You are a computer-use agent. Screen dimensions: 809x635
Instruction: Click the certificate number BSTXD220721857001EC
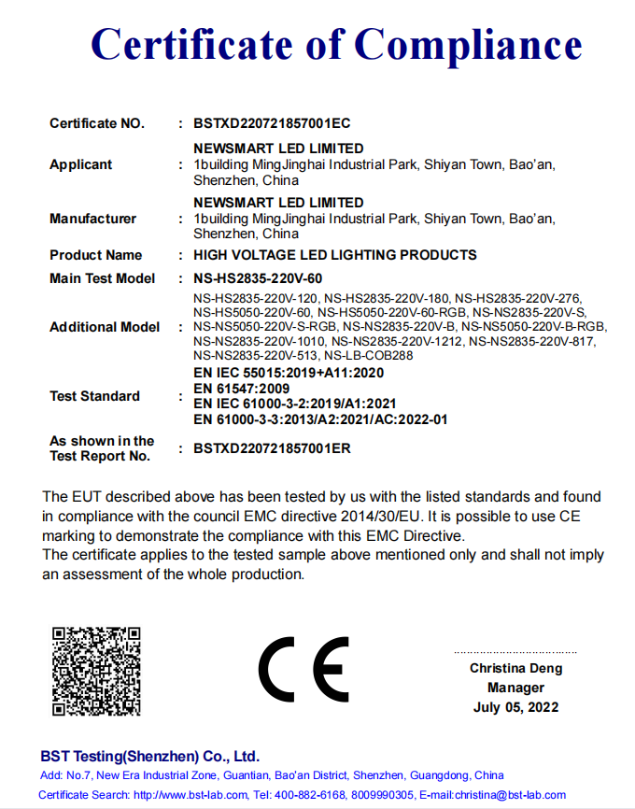point(272,123)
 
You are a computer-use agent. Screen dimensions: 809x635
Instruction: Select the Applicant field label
point(80,164)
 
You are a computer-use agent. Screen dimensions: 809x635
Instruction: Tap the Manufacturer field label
point(92,219)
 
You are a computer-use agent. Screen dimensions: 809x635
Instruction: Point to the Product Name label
point(95,255)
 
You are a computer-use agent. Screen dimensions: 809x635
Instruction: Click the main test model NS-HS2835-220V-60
point(257,278)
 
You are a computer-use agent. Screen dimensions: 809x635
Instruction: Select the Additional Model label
point(104,327)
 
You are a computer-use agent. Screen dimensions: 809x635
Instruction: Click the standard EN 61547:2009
point(241,388)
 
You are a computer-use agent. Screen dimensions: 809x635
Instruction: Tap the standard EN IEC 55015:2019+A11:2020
point(289,373)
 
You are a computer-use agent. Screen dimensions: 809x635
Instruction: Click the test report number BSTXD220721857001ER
point(272,448)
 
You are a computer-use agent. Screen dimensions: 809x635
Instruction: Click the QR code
point(96,671)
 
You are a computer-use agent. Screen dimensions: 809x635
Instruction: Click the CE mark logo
point(303,670)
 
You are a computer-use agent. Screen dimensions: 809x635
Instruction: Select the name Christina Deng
point(515,669)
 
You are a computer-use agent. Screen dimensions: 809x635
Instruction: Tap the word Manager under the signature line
point(515,688)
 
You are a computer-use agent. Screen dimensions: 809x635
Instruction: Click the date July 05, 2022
point(515,707)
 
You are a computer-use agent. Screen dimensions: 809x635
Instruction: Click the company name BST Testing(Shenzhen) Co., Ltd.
point(149,756)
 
